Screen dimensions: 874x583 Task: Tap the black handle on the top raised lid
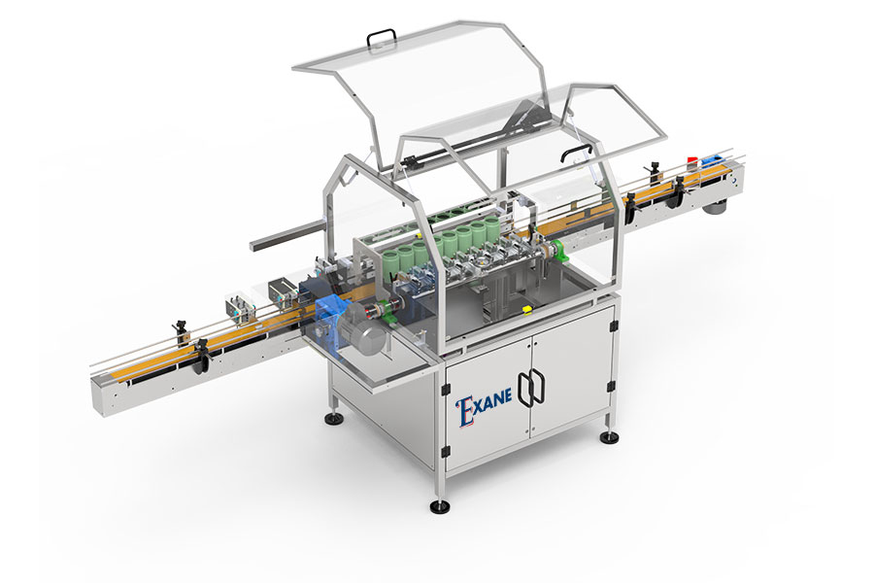pos(382,39)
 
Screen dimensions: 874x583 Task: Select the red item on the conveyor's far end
pos(692,159)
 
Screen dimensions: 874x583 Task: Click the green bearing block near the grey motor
pos(385,307)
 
